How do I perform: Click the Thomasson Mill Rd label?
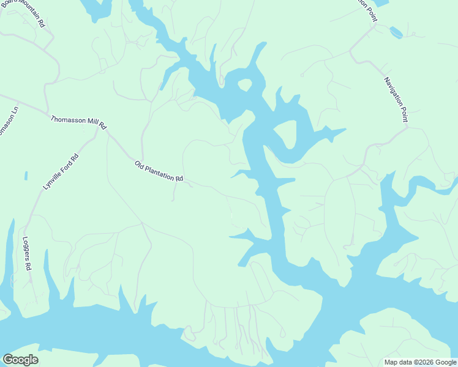78,122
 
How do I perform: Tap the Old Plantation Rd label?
159,171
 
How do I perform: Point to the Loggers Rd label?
26,254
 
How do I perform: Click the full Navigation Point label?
396,99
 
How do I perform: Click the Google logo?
20,359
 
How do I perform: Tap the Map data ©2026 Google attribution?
420,362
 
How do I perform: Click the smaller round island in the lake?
244,84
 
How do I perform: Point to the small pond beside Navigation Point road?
396,32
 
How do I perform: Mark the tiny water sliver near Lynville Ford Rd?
26,176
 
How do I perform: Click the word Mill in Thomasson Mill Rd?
89,124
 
